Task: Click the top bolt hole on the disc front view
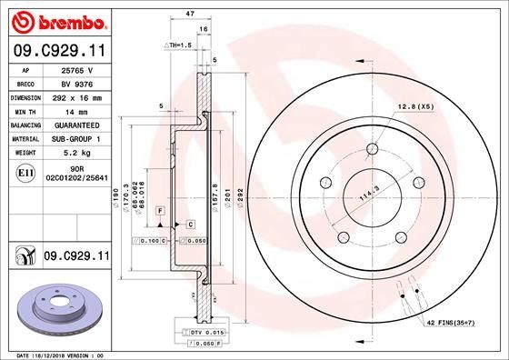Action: coord(372,150)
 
